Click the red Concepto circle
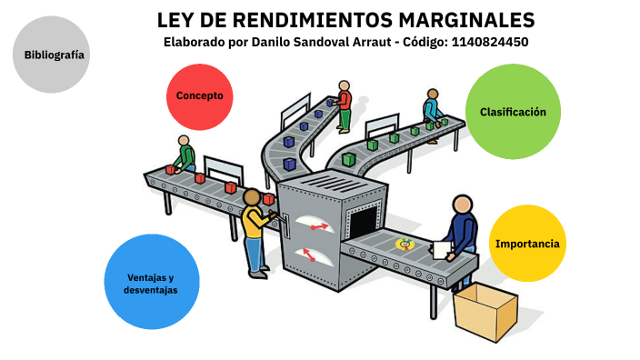[200, 95]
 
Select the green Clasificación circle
[513, 112]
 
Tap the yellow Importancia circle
[527, 244]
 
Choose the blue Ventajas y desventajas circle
[150, 282]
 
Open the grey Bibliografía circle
[55, 55]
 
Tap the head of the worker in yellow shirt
[252, 198]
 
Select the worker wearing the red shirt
[345, 105]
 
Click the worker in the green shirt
[185, 155]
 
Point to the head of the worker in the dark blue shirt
[463, 205]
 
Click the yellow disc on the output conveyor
[406, 244]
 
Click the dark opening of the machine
[363, 222]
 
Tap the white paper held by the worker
[442, 249]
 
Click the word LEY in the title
[176, 20]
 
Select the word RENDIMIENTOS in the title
[301, 20]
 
